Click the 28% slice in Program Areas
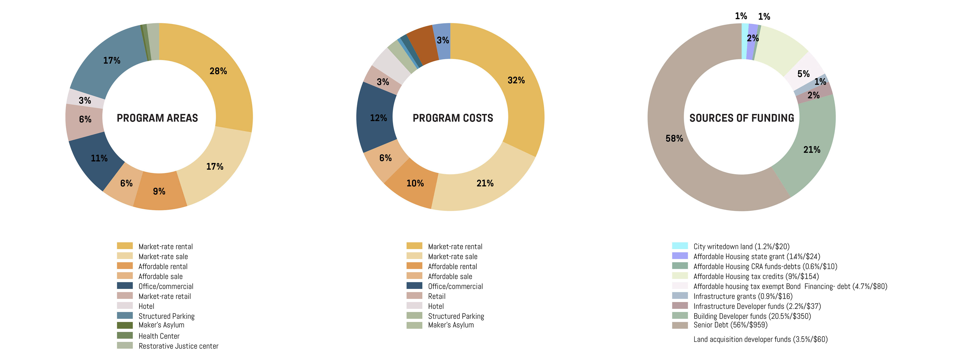(x=223, y=74)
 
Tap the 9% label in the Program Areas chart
(x=159, y=191)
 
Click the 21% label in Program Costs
(x=485, y=183)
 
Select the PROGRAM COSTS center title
(x=453, y=118)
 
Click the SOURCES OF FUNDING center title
(x=741, y=118)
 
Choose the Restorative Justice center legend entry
(x=178, y=346)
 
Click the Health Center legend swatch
(x=125, y=335)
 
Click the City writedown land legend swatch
(x=680, y=246)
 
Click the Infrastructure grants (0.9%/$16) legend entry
(x=743, y=296)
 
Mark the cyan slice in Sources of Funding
(x=744, y=41)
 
